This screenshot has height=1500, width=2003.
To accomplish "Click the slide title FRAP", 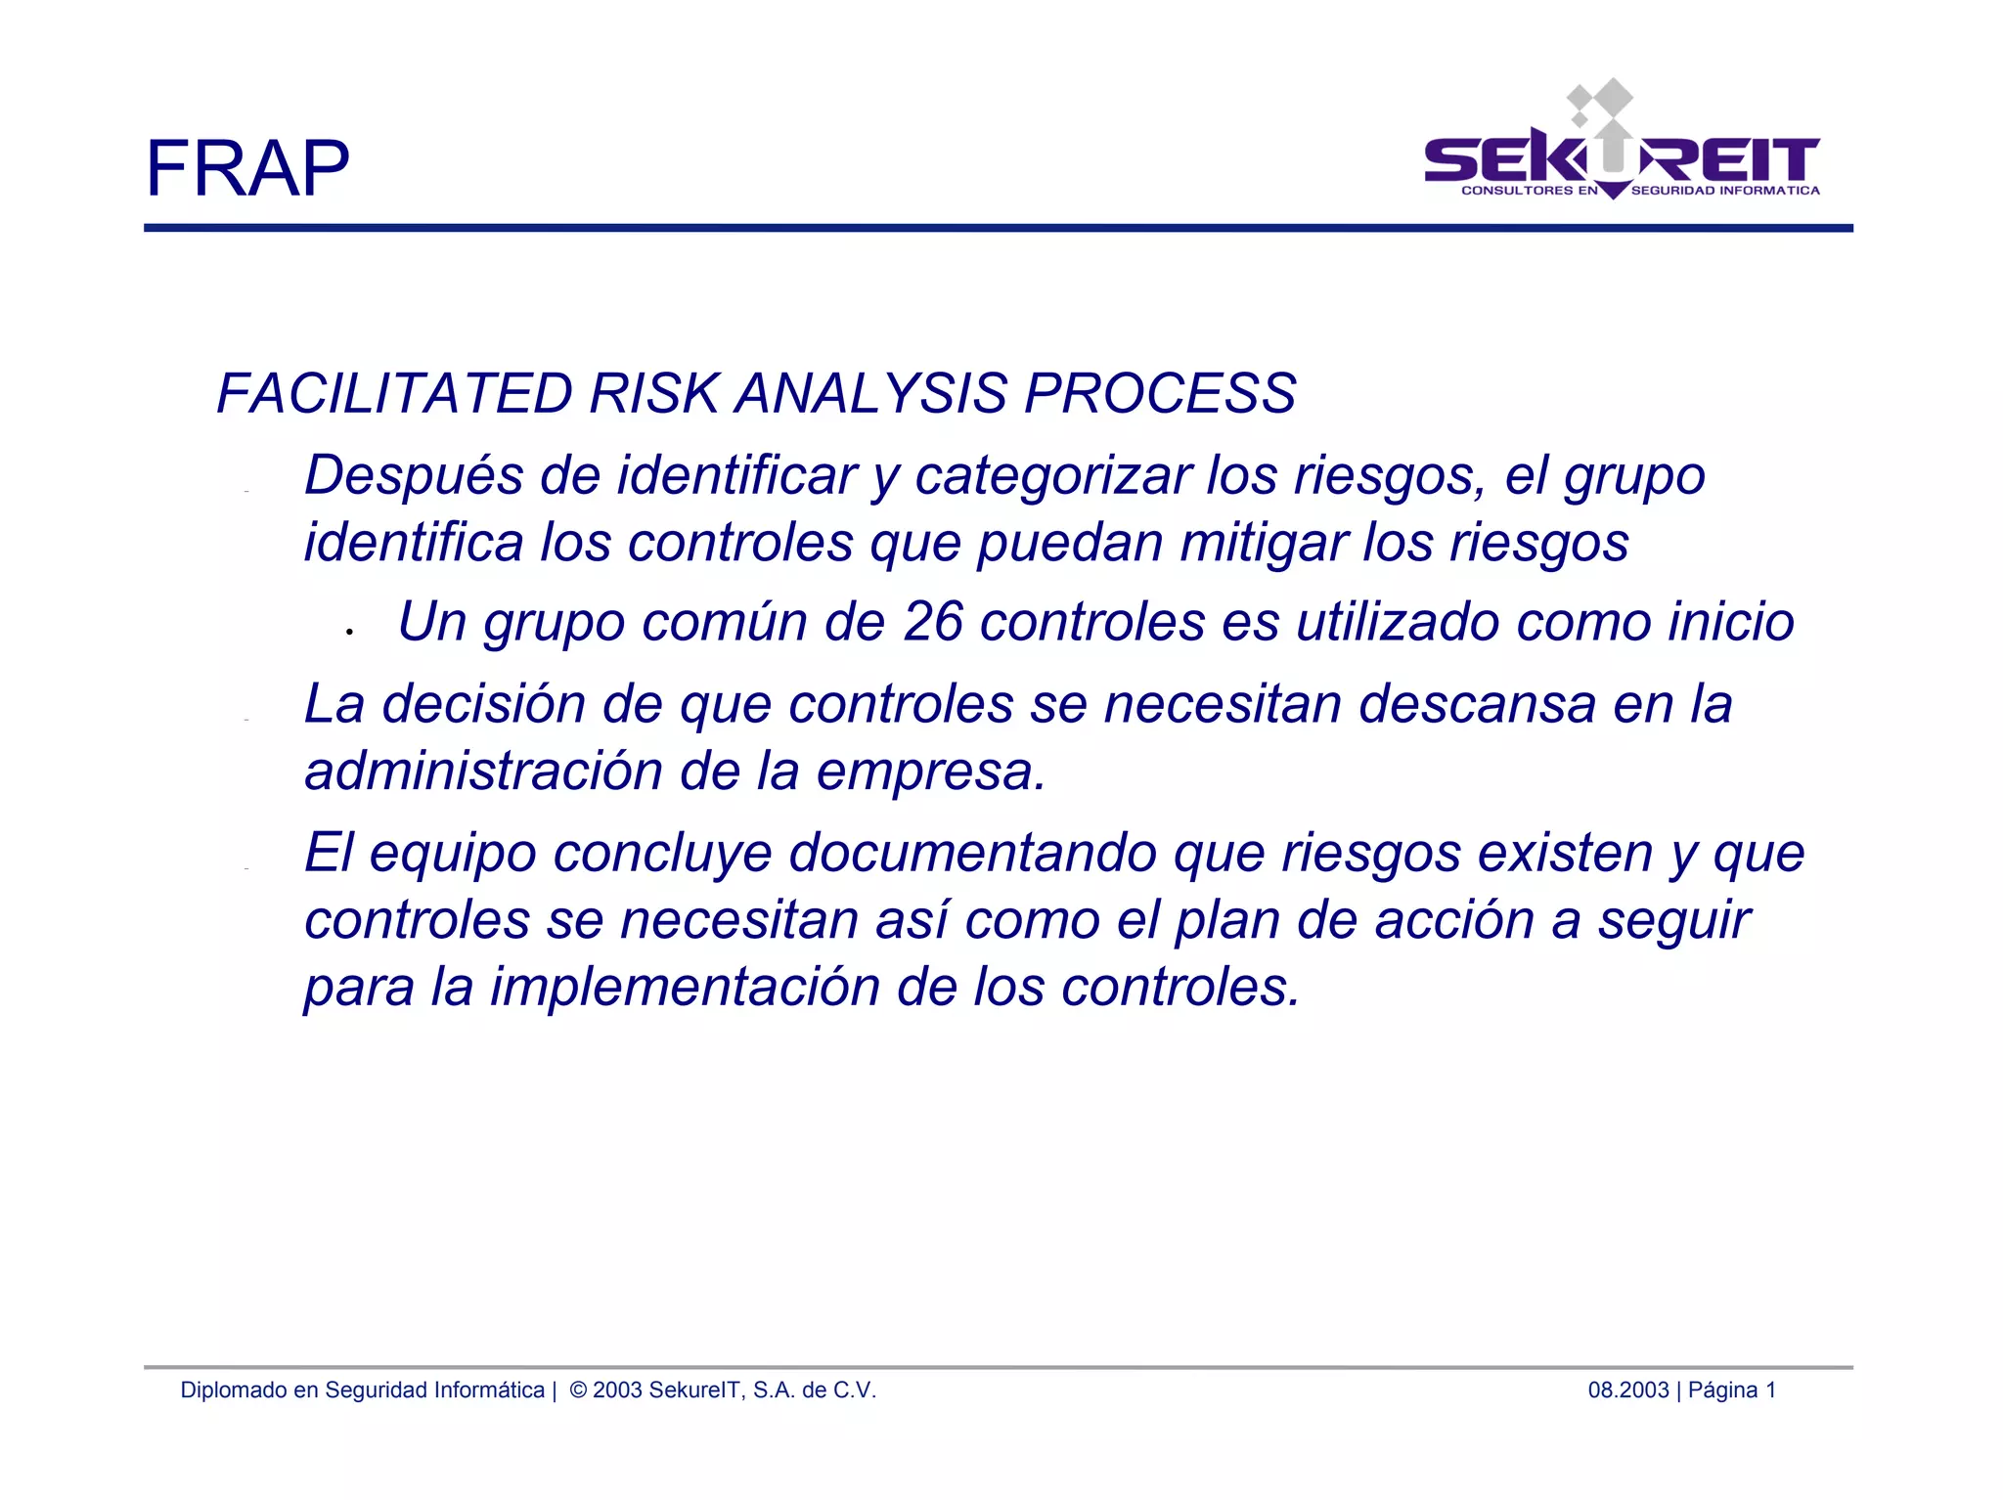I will [246, 168].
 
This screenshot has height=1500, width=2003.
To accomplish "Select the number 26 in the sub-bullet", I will [933, 622].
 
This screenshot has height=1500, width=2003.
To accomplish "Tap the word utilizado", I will [1398, 622].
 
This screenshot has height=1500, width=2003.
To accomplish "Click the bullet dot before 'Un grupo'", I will [349, 633].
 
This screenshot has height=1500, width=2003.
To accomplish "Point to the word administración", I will [483, 771].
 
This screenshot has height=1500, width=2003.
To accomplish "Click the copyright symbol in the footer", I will [578, 1390].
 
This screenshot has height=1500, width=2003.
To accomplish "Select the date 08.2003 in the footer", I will [1627, 1390].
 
